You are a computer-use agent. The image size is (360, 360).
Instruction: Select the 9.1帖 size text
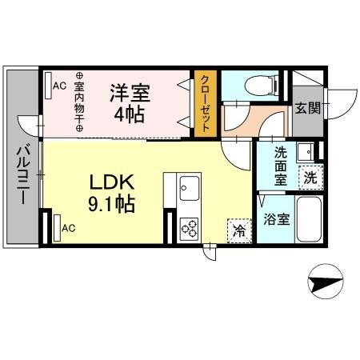click(111, 204)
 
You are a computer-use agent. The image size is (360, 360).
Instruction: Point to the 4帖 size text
click(130, 114)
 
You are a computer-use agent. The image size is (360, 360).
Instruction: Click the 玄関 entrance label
click(306, 107)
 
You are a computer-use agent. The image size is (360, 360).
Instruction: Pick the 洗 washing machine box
click(309, 177)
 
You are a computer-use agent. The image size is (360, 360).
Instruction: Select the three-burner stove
click(190, 228)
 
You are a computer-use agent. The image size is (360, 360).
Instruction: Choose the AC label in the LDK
click(69, 227)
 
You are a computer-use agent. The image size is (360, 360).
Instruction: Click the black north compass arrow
click(326, 282)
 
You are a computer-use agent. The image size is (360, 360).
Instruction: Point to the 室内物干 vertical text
click(79, 98)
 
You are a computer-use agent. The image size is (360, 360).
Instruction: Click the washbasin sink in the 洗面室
click(304, 151)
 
